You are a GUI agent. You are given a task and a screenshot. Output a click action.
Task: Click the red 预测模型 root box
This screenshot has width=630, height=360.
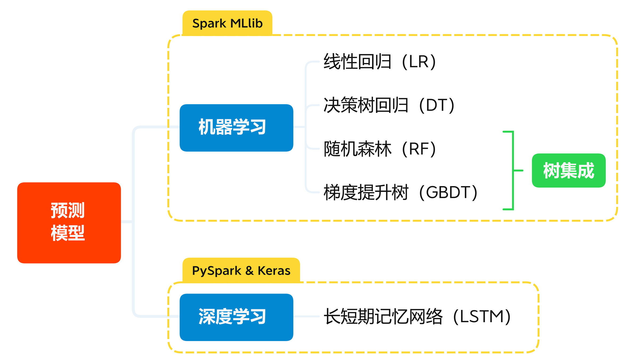tap(69, 222)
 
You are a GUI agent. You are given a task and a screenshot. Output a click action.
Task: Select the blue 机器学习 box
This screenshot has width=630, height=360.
tap(236, 128)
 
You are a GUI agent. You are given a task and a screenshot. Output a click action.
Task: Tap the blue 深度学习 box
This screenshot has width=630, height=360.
tap(236, 317)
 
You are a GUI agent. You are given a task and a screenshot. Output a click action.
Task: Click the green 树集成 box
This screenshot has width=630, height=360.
tap(568, 170)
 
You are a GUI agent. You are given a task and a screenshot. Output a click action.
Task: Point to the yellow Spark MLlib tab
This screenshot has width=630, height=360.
tap(227, 23)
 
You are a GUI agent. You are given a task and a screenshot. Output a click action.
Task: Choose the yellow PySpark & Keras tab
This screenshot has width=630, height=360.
tap(241, 271)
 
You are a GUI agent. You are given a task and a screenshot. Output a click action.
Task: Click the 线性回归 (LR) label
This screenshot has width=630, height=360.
tap(379, 62)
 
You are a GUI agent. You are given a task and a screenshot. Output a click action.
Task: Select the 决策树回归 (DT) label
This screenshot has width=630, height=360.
tap(389, 105)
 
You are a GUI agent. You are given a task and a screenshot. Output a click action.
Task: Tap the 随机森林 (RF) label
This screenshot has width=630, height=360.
tap(379, 149)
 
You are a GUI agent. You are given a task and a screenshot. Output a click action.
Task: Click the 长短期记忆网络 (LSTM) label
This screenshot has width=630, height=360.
tap(417, 317)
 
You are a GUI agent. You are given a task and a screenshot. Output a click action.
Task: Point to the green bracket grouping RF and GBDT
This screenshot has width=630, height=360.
tap(513, 170)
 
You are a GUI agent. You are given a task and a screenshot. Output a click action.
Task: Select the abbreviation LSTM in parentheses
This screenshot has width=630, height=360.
tap(482, 317)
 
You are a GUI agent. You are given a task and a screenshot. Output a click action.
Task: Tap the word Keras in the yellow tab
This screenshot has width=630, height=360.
tap(274, 271)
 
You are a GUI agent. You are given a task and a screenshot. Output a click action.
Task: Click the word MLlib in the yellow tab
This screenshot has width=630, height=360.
tap(247, 23)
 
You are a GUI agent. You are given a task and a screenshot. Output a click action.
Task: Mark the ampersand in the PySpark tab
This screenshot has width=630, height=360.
tap(249, 271)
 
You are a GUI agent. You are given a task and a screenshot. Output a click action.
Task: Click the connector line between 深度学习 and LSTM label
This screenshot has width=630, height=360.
tap(306, 317)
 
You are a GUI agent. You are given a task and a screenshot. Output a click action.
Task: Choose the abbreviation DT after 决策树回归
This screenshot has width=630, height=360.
tap(436, 105)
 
